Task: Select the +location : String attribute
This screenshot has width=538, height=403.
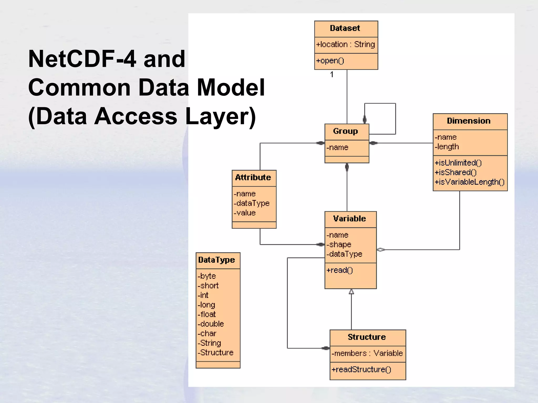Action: pos(345,45)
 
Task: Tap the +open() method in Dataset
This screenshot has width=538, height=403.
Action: pos(330,61)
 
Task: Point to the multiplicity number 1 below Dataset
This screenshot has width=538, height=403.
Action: pos(332,75)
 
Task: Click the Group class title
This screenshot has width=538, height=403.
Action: pos(345,131)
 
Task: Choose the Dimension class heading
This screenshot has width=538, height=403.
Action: pos(469,121)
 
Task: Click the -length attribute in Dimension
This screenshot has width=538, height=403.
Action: pos(447,147)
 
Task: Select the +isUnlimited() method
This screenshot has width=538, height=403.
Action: pos(458,163)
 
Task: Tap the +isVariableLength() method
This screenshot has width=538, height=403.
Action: pos(469,182)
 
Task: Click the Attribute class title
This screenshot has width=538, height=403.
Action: pos(253,178)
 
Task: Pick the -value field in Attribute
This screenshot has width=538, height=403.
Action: pos(245,213)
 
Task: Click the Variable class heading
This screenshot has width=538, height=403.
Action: pos(349,219)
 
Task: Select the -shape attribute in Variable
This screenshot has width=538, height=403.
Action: pos(339,245)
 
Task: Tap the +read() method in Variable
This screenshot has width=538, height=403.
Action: pos(339,270)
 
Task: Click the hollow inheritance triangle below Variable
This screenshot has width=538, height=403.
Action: pos(351,292)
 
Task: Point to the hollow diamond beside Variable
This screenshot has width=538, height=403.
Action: pos(381,250)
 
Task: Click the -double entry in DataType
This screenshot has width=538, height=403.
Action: pos(211,324)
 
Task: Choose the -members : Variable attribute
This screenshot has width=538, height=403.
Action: pos(367,353)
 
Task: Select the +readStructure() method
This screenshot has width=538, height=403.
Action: pos(361,370)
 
